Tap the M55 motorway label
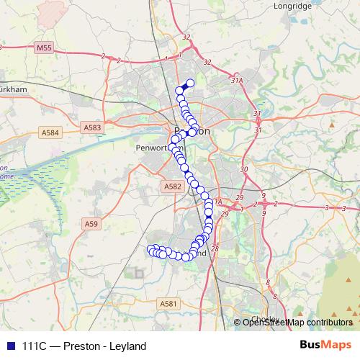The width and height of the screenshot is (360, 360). click(45, 48)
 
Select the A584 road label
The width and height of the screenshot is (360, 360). click(50, 132)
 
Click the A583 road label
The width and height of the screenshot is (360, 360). click(92, 128)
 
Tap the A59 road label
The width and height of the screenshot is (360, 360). click(91, 224)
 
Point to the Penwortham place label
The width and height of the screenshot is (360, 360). click(155, 148)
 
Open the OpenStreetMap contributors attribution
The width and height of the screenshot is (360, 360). click(297, 322)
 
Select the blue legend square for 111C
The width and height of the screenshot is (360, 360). click(9, 346)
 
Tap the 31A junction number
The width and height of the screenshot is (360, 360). click(235, 81)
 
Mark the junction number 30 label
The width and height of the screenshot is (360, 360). click(243, 169)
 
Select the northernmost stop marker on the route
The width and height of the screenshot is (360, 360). click(191, 83)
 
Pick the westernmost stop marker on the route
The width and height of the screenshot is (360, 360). click(151, 250)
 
